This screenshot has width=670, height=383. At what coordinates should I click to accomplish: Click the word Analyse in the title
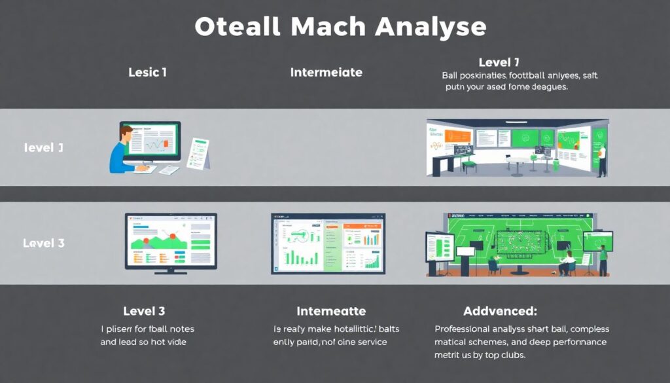click(431, 27)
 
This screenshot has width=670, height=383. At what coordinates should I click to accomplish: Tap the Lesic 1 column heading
click(147, 73)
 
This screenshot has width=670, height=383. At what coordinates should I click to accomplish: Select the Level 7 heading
click(499, 63)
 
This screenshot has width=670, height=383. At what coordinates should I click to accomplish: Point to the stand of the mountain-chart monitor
click(171, 271)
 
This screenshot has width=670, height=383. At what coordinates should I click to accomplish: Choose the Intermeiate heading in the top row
click(326, 73)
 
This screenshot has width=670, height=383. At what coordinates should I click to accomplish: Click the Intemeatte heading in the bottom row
click(331, 311)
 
